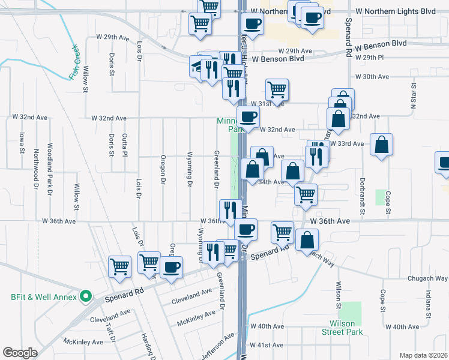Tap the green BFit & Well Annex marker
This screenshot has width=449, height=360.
coord(85,296)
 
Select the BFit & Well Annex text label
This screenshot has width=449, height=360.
coord(44,296)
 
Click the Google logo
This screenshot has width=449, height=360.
coord(20,353)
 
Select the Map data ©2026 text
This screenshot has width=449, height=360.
coord(423,355)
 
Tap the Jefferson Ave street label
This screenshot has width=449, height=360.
coord(216,347)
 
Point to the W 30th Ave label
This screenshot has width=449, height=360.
coord(372,77)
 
